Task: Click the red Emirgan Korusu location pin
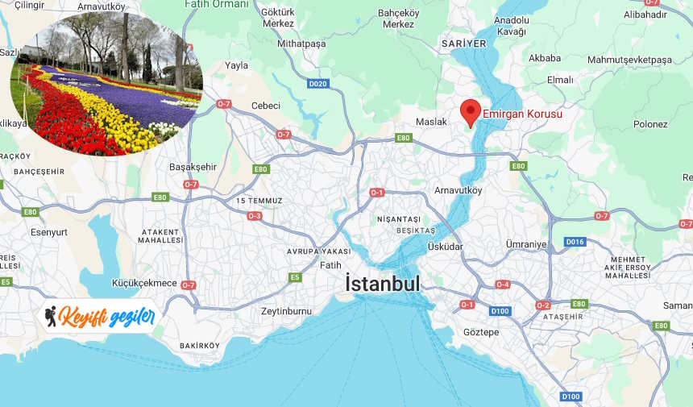pyautogui.click(x=471, y=111)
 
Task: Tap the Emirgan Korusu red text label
pyautogui.click(x=522, y=114)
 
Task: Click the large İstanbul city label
pyautogui.click(x=383, y=284)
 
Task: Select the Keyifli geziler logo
pyautogui.click(x=99, y=317)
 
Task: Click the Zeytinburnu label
pyautogui.click(x=286, y=311)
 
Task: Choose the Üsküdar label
pyautogui.click(x=468, y=246)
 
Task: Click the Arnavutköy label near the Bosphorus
pyautogui.click(x=458, y=191)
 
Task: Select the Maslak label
pyautogui.click(x=431, y=122)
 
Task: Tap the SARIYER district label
pyautogui.click(x=464, y=43)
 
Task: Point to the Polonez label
pyautogui.click(x=650, y=124)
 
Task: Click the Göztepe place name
pyautogui.click(x=482, y=332)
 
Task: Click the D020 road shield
pyautogui.click(x=318, y=83)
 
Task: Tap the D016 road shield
pyautogui.click(x=575, y=242)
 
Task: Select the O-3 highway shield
pyautogui.click(x=255, y=216)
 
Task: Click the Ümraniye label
pyautogui.click(x=526, y=244)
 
